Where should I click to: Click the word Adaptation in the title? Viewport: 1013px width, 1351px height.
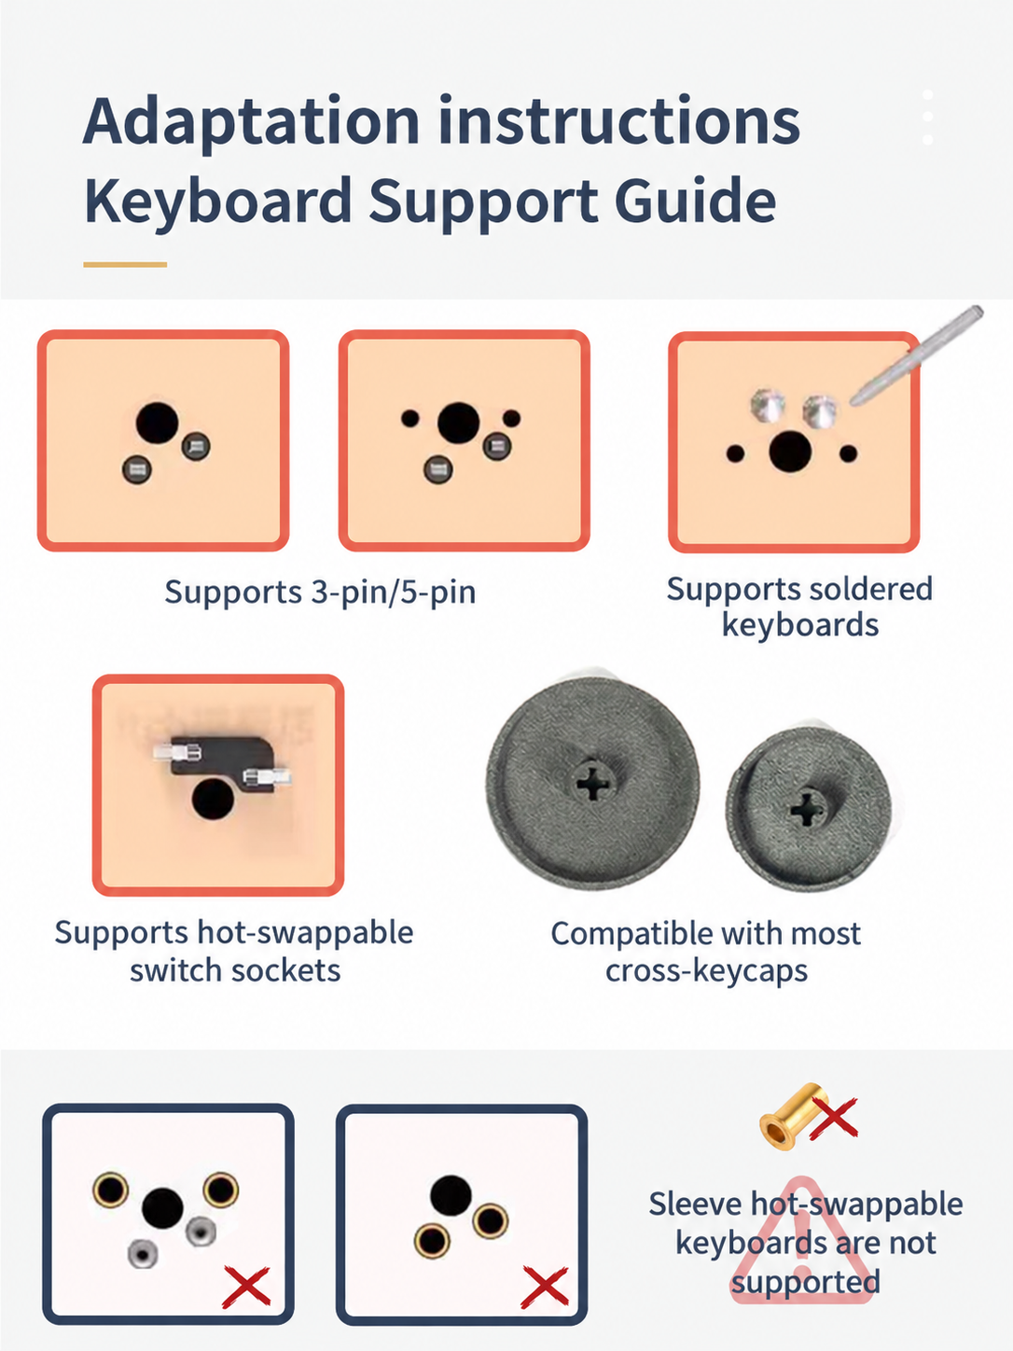point(251,121)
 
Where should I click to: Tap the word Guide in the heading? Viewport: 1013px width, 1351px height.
point(695,200)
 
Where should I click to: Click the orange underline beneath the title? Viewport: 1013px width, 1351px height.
point(125,265)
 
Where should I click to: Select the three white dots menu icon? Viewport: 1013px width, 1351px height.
point(927,117)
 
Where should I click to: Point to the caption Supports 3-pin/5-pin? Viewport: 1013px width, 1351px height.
point(320,592)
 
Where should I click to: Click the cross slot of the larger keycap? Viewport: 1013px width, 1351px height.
point(593,782)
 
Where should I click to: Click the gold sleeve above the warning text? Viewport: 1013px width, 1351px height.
point(794,1115)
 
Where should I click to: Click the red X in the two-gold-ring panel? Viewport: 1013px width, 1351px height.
point(545,1287)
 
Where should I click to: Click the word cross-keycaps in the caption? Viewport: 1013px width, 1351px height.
point(706,971)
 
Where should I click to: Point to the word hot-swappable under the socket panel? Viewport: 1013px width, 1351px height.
point(305,933)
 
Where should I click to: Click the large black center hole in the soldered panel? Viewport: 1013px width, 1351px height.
point(790,452)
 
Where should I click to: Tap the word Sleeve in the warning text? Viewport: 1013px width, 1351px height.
point(693,1204)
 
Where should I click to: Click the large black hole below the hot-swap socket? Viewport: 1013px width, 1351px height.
point(213,799)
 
